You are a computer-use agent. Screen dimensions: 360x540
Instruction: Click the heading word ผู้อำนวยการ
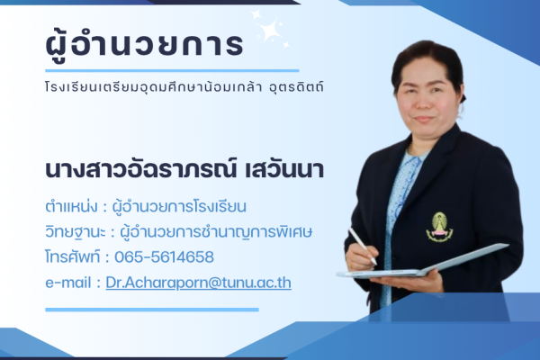(143, 43)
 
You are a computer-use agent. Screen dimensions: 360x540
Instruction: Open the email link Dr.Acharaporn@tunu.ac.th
(198, 282)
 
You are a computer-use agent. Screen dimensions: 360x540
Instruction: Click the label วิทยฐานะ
(71, 231)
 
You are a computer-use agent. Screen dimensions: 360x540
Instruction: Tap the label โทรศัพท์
(73, 256)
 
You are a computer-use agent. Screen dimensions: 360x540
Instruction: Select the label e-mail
(68, 282)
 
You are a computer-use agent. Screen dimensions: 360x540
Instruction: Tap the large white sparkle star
(267, 29)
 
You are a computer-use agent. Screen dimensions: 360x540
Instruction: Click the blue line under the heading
(171, 69)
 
